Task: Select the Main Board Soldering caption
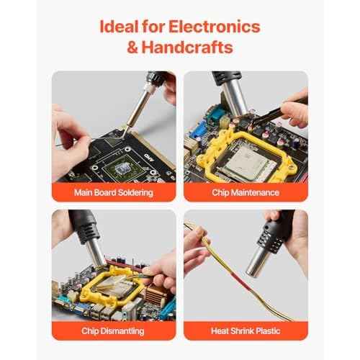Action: pos(114,193)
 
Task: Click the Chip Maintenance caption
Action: pos(246,193)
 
